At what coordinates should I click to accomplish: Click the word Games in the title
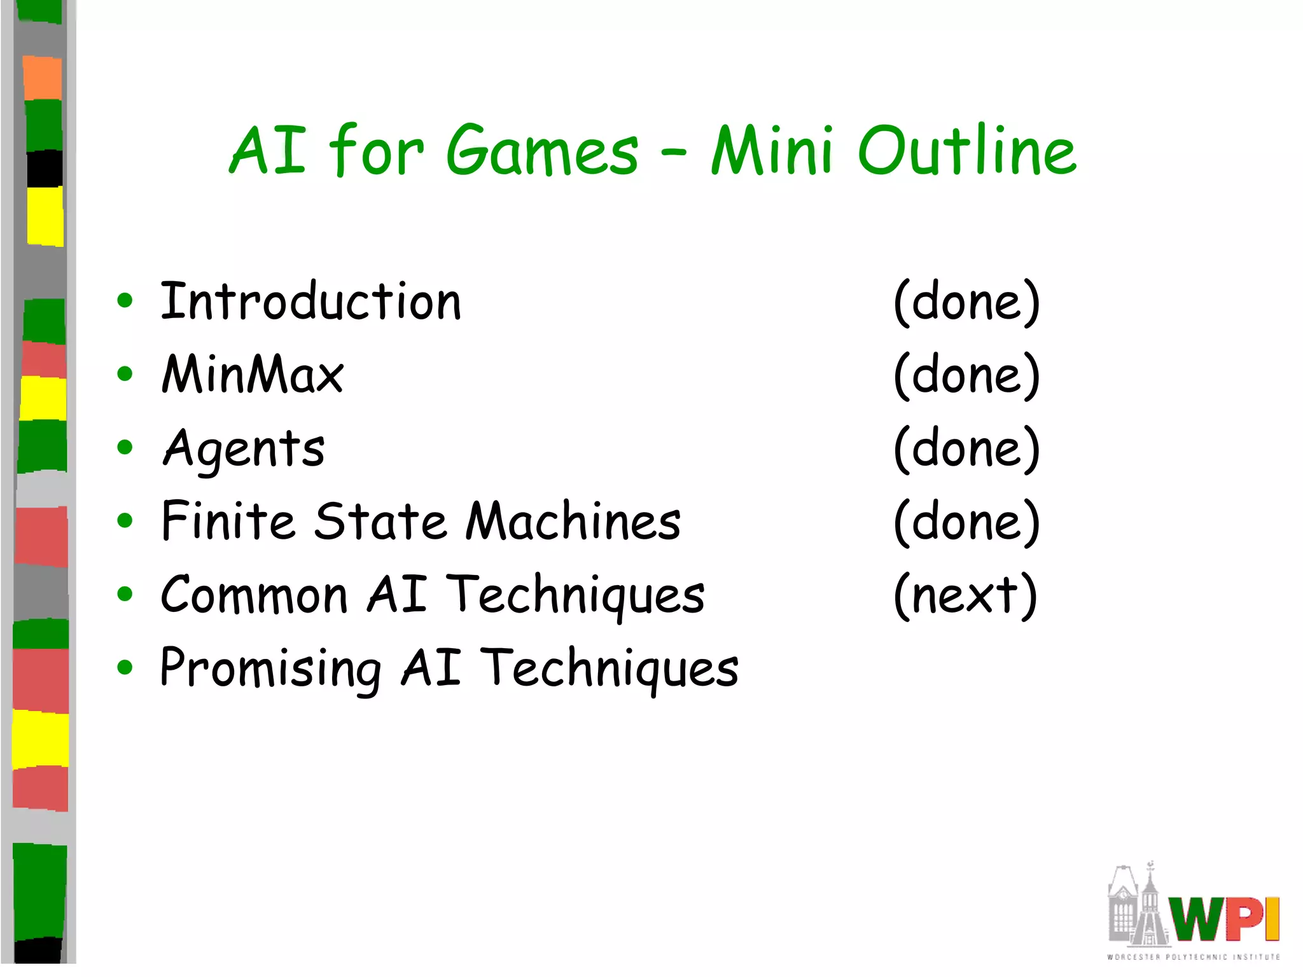coord(542,151)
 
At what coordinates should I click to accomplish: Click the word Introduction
coord(310,301)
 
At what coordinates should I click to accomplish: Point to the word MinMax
coord(253,375)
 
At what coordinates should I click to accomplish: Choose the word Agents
coord(244,449)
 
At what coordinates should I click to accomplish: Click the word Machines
coord(573,522)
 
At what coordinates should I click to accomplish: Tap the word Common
coord(254,595)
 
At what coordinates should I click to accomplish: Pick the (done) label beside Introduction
coord(966,301)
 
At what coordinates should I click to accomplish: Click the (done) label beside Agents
coord(966,449)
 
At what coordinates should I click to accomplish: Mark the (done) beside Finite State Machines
coord(966,522)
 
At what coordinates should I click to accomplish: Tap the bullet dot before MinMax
coord(125,374)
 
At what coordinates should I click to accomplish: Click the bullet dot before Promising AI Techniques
coord(125,668)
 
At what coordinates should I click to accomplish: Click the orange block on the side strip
coord(43,78)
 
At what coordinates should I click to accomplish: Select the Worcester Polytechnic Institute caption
coord(1193,957)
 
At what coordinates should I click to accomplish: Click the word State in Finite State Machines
coord(380,522)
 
